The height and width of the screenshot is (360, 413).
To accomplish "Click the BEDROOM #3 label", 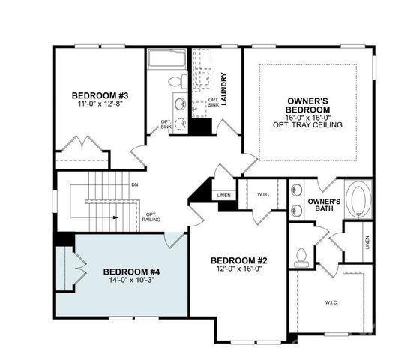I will [100, 95].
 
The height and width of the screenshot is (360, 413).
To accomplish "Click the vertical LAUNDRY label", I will [224, 87].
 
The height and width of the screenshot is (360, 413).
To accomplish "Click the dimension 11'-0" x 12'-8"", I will [100, 105].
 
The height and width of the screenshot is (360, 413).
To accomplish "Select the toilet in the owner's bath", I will [301, 258].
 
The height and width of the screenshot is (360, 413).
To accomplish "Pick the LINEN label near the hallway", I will [223, 196].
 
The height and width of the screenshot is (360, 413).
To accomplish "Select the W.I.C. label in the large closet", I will [331, 302].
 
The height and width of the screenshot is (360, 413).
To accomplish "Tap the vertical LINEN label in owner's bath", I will [367, 241].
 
